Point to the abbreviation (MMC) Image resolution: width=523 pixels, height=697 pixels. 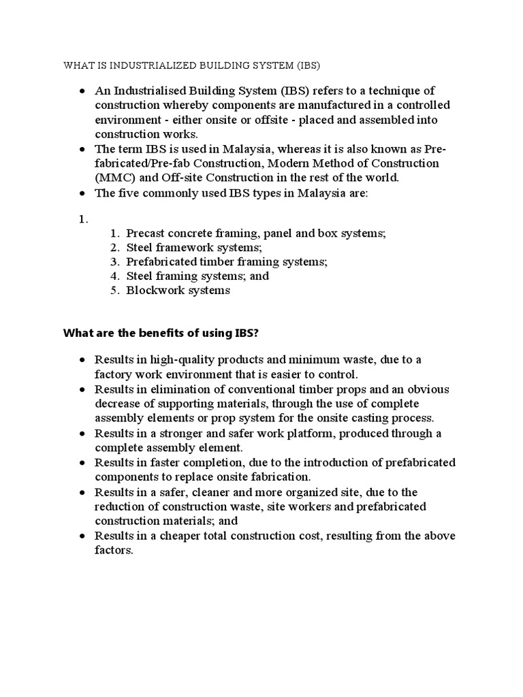(x=112, y=178)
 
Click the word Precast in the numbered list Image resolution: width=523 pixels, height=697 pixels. (x=146, y=233)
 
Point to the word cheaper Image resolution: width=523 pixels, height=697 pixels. (x=179, y=536)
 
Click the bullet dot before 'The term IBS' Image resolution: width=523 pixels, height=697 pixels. (x=82, y=149)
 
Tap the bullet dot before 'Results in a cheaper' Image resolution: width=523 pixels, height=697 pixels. (x=82, y=536)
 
